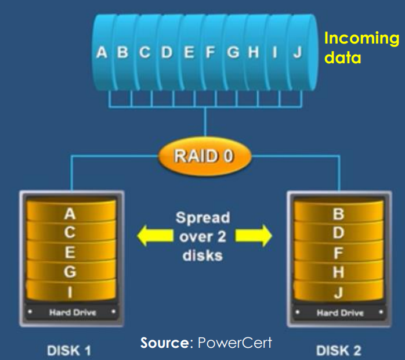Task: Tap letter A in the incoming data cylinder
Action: coord(102,53)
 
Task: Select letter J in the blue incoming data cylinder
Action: coord(298,53)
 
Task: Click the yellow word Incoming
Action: coord(361,39)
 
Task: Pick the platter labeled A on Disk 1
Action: coord(70,214)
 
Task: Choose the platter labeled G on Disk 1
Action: coord(70,271)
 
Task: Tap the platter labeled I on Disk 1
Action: coord(70,290)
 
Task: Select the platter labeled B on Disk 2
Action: coord(338,214)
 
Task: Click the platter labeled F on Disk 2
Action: coord(338,253)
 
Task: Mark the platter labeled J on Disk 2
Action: coord(338,291)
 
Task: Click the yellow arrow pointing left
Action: coord(151,236)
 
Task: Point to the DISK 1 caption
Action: coord(70,350)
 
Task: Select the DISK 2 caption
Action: coord(339,350)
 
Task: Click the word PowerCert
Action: coord(235,343)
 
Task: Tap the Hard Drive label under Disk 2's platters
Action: coord(338,313)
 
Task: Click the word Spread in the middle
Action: coord(203,218)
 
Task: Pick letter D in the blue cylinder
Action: coord(167,53)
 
